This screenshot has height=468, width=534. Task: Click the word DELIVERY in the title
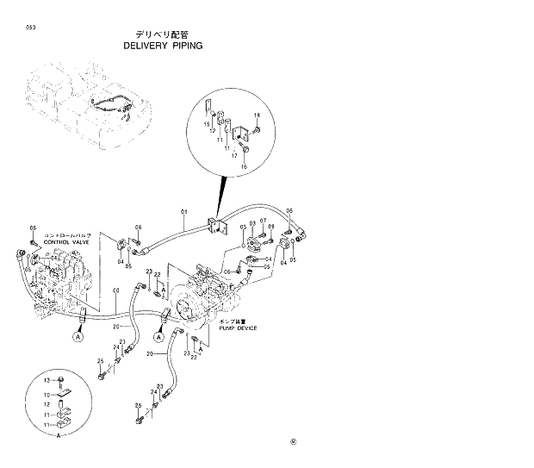149,46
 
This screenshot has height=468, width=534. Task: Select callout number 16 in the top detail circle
244,167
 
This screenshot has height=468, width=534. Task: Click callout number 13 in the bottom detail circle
48,379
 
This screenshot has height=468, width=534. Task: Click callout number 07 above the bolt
263,222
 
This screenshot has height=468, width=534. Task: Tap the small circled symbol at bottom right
292,444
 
